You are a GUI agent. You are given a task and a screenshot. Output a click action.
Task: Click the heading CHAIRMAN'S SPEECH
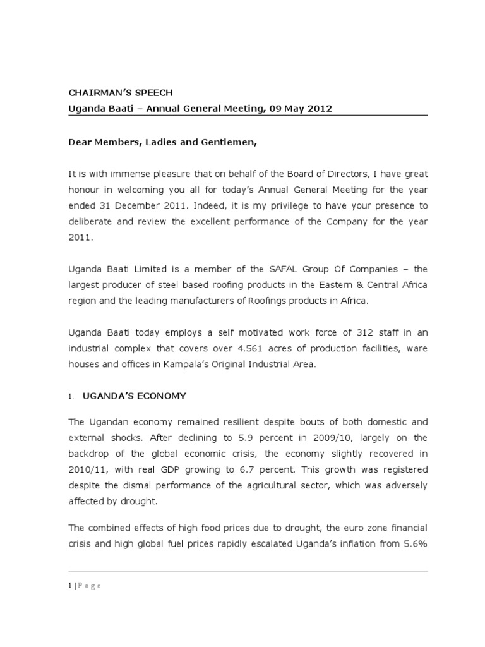(x=120, y=92)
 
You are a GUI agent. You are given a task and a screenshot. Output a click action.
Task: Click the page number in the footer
(x=70, y=586)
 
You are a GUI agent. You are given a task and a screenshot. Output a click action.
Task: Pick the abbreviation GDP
(x=183, y=470)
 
